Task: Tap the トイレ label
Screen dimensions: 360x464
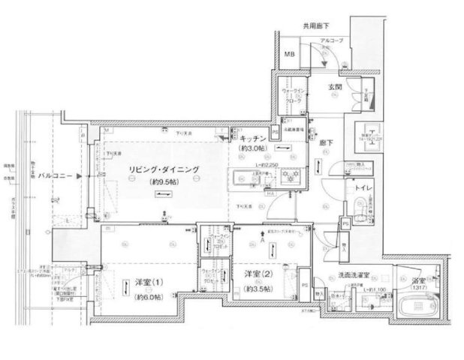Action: click(x=363, y=190)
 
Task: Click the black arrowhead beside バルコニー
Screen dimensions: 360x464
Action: click(x=88, y=175)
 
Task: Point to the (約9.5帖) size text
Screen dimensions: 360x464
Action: click(x=164, y=181)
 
